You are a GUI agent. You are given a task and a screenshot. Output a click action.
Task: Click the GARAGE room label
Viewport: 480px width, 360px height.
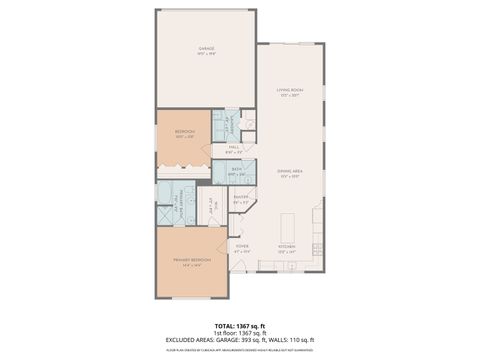pos(206,49)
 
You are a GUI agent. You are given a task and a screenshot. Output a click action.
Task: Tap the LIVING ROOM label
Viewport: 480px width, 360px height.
pos(290,91)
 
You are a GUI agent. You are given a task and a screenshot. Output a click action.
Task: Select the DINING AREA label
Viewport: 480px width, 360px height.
pos(290,172)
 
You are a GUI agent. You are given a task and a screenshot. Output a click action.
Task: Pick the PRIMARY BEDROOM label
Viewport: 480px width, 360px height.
pos(190,262)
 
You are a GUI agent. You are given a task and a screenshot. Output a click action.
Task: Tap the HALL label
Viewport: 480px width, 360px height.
pos(233,147)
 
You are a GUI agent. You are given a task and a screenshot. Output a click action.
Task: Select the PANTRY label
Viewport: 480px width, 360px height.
pos(241,198)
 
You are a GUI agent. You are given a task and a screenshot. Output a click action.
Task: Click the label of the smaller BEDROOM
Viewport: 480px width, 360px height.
pos(185,132)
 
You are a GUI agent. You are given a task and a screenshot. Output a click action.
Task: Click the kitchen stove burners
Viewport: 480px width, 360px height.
pos(316,213)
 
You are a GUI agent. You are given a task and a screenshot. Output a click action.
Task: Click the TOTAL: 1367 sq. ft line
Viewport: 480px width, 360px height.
pos(240,326)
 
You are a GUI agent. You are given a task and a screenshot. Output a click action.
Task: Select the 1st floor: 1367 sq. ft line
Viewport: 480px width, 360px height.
pos(240,334)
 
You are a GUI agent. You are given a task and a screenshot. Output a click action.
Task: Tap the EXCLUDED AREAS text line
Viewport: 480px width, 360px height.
pos(240,342)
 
